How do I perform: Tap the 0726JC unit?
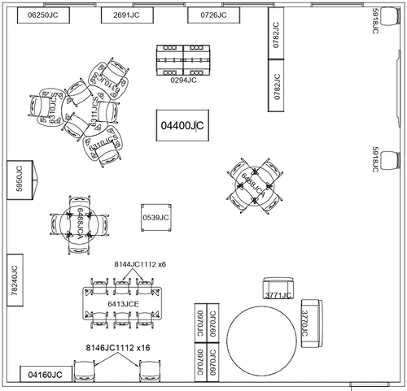click(x=213, y=16)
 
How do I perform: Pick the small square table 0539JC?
click(x=155, y=217)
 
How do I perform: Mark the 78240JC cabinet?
click(x=15, y=280)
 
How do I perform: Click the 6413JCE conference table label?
click(x=123, y=303)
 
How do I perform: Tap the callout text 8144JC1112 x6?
click(x=140, y=264)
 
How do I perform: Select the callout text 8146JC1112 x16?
click(x=119, y=347)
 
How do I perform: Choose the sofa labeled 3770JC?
click(x=309, y=324)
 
